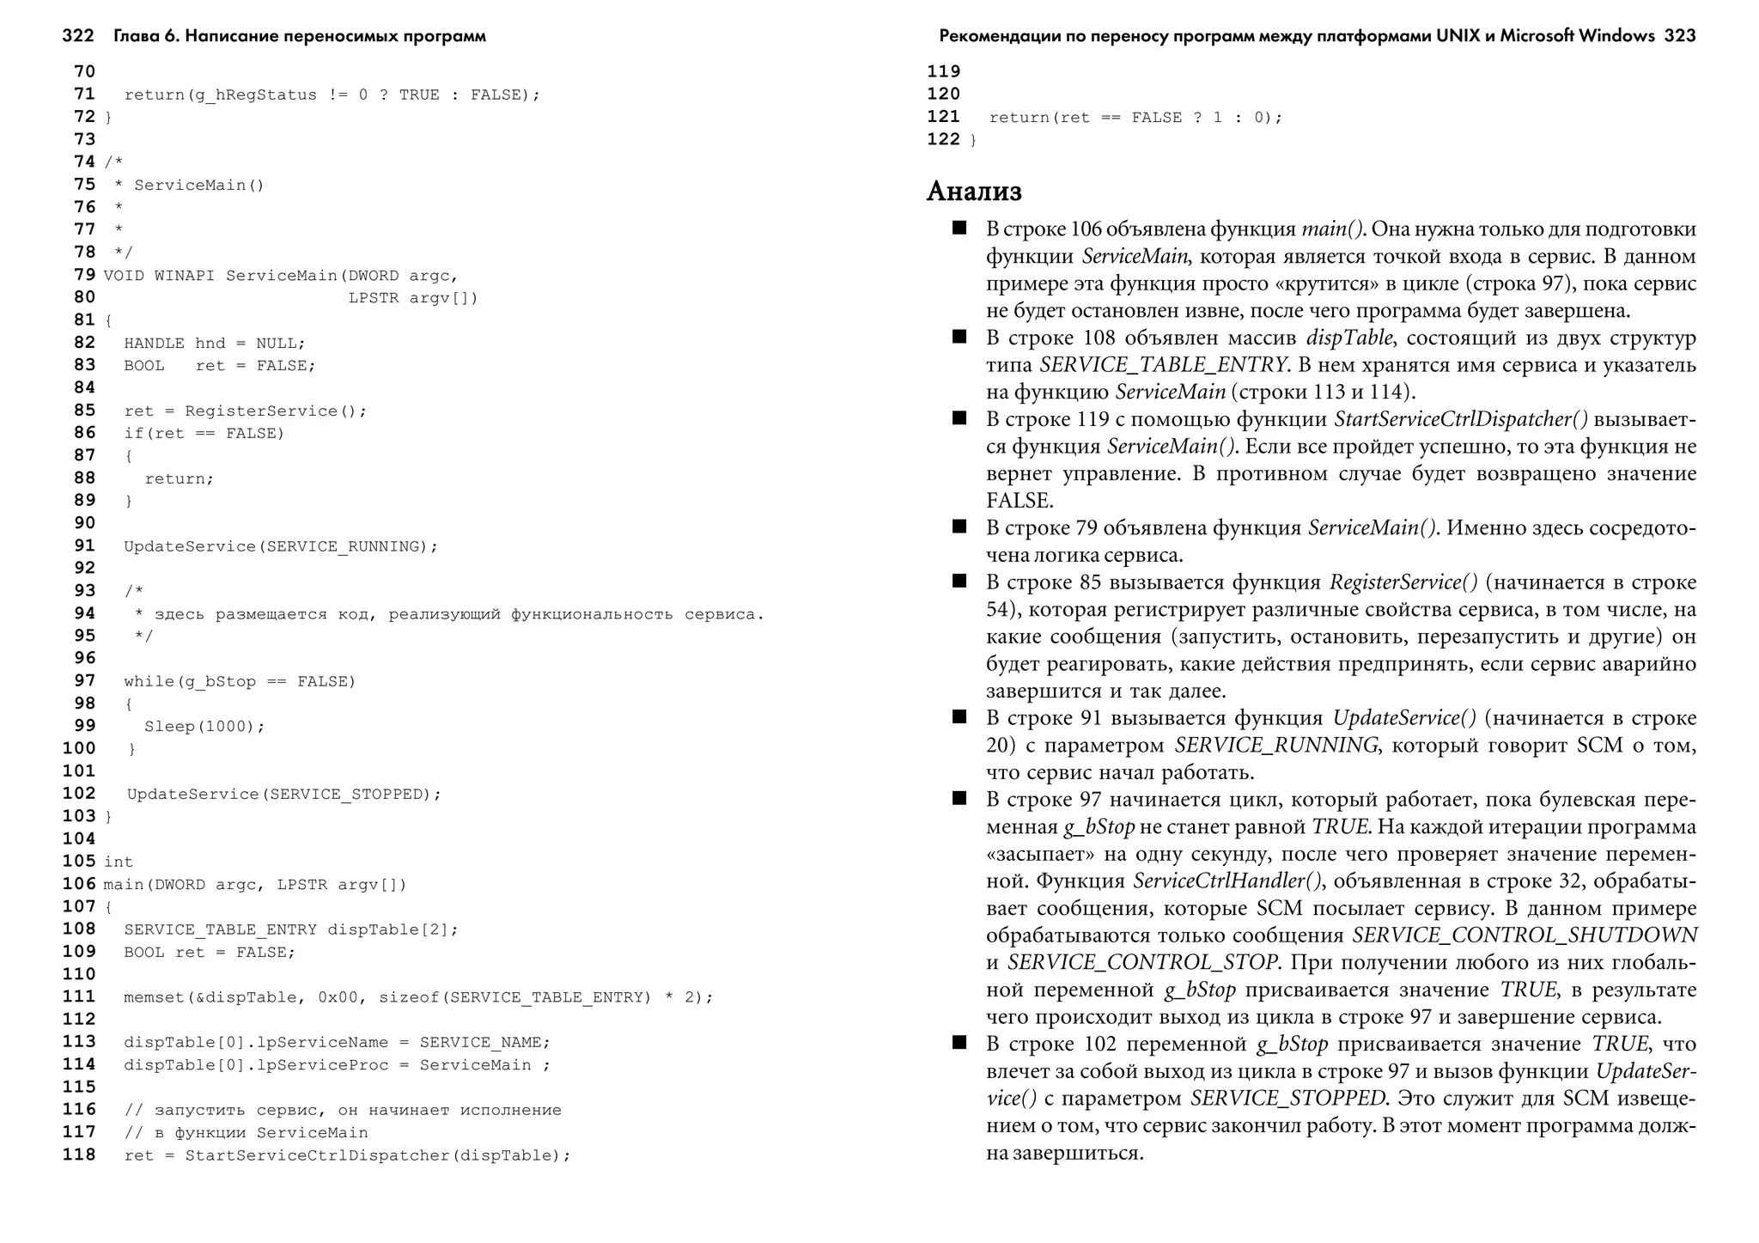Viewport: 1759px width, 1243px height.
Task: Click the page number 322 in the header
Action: pos(77,36)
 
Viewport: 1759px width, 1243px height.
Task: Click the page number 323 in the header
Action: pos(1679,36)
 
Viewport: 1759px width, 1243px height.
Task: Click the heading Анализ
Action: pos(974,191)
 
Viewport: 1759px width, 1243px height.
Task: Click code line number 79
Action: pos(84,275)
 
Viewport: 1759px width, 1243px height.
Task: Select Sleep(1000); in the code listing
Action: pos(204,727)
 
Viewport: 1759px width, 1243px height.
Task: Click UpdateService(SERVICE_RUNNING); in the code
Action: pos(281,546)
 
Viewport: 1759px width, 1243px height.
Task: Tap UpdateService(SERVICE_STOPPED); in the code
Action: pos(283,795)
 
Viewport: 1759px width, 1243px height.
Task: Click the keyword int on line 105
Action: pos(119,862)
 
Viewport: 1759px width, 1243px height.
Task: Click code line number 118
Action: pos(79,1155)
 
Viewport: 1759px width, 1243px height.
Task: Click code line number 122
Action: pos(943,139)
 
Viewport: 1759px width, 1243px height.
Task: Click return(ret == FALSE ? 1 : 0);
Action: pos(1135,118)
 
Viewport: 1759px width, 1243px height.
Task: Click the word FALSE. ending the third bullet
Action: pos(1019,501)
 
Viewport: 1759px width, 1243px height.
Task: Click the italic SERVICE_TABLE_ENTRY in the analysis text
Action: pos(1164,365)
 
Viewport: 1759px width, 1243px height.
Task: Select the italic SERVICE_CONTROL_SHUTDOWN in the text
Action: pos(1524,935)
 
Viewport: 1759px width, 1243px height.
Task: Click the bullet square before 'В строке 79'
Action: pos(959,527)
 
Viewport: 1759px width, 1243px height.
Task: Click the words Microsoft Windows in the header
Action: pos(1577,36)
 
